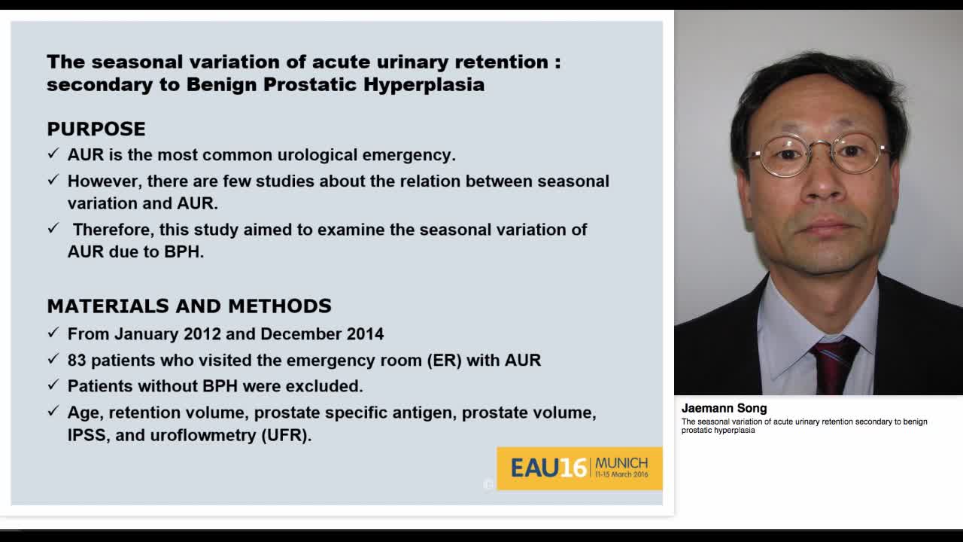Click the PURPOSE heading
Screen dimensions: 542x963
coord(96,129)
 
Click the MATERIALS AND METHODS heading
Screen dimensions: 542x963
coord(189,306)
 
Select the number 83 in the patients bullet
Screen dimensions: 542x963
coord(77,360)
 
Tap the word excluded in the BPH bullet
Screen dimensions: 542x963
coord(330,386)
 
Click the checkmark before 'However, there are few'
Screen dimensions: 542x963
coord(53,180)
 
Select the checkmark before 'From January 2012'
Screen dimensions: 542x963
coord(53,333)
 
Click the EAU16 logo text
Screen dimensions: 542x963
coord(548,468)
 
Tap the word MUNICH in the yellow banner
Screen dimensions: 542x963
coord(621,462)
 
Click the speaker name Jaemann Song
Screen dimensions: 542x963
coord(724,408)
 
